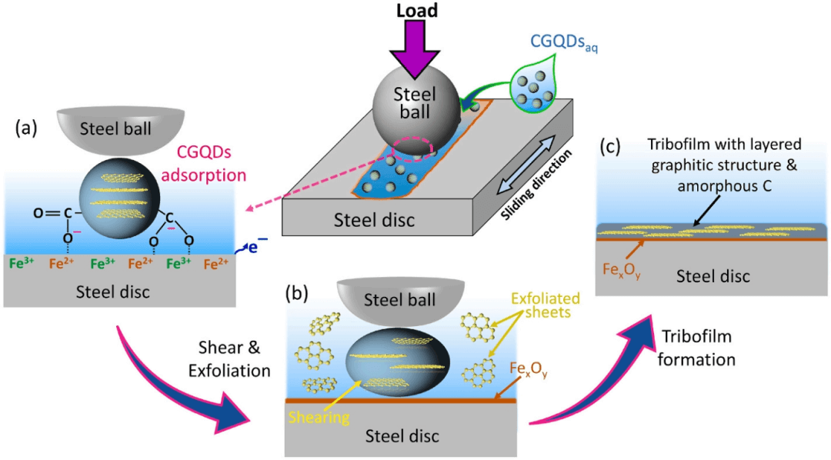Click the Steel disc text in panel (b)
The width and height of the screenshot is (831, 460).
pyautogui.click(x=401, y=435)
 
